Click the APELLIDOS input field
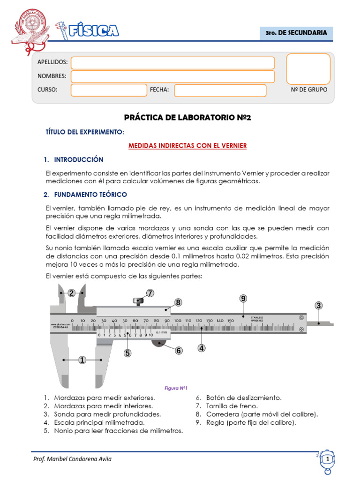click(172, 63)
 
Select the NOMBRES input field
click(172, 76)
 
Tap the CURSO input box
click(109, 90)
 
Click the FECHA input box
click(220, 90)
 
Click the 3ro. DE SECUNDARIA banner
click(296, 33)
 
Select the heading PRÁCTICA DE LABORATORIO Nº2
click(187, 118)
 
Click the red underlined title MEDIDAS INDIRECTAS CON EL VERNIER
click(187, 146)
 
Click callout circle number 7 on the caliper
click(150, 293)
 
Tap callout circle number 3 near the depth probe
click(319, 306)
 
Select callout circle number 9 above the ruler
click(243, 299)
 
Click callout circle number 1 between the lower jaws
click(82, 360)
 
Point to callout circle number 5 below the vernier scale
click(127, 353)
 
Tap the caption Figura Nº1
click(176, 388)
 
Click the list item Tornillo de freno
click(226, 406)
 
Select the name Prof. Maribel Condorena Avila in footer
click(72, 458)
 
